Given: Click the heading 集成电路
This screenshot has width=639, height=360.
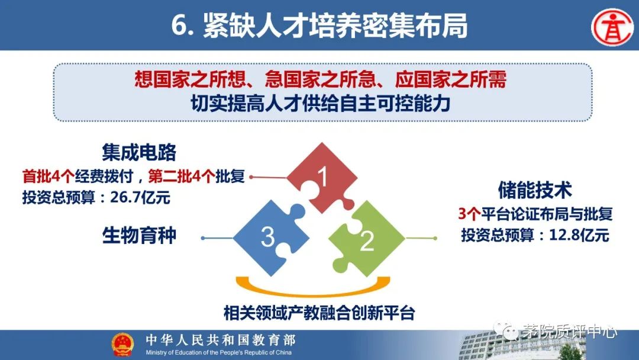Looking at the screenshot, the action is (x=139, y=153).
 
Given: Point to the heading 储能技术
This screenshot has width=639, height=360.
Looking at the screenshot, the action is (x=535, y=190).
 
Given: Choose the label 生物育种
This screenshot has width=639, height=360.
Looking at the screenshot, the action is (x=139, y=235).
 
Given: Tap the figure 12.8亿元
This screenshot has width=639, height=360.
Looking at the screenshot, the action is (x=579, y=235).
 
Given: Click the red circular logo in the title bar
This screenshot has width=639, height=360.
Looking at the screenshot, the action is (x=613, y=28).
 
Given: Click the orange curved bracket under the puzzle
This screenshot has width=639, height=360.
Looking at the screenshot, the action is (x=313, y=288).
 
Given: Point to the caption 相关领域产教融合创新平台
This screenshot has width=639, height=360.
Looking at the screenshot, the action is (x=319, y=313).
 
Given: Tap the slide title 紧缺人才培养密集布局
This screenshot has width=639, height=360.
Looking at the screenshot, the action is (x=335, y=25).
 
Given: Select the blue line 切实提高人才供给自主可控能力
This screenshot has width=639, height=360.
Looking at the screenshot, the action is (x=321, y=104).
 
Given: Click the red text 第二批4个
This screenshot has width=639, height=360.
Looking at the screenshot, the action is (x=182, y=176).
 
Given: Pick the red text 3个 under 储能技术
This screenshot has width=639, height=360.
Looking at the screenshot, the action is (x=469, y=214).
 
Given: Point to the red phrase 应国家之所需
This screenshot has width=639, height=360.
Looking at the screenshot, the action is (x=451, y=79).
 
